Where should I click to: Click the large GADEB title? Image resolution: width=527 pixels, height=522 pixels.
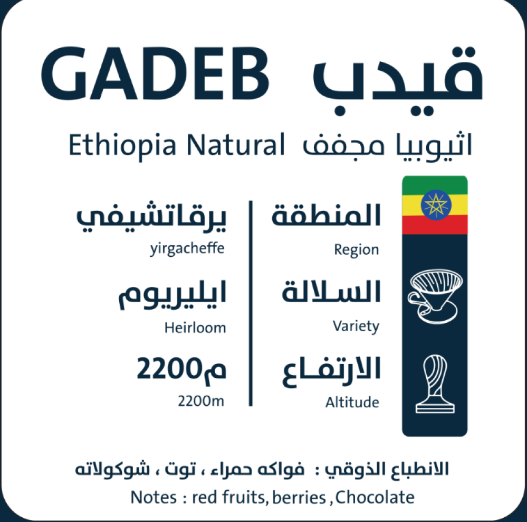155,73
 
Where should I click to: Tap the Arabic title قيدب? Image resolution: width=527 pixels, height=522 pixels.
398,81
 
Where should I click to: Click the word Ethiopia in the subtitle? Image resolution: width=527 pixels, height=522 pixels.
122,145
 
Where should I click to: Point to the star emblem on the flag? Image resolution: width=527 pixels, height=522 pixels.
436,204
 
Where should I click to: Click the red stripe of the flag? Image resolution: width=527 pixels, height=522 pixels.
435,225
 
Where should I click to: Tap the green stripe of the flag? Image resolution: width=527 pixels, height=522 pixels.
435,185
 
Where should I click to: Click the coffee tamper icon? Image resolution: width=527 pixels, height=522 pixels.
435,384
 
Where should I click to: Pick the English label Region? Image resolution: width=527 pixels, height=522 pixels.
356,250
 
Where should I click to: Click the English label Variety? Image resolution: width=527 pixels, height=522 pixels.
356,327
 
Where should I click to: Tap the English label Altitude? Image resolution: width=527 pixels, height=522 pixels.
352,402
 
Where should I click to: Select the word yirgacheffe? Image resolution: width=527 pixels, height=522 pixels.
187,249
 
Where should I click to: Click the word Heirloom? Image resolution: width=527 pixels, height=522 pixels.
195,328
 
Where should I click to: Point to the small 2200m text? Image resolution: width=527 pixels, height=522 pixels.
200,401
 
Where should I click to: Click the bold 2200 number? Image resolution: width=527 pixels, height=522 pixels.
169,369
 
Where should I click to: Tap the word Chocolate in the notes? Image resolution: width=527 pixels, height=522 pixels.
375,497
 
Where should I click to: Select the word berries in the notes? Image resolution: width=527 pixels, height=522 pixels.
299,497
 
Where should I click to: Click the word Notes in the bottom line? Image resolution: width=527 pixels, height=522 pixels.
154,497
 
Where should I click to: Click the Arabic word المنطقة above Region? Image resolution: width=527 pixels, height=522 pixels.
326,215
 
